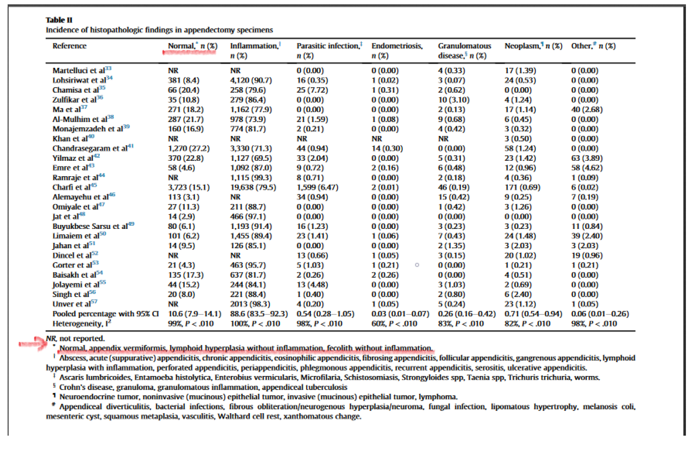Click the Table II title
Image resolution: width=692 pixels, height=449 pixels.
point(59,20)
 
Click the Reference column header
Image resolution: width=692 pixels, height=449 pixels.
point(69,46)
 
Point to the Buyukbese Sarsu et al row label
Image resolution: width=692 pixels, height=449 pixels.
point(90,226)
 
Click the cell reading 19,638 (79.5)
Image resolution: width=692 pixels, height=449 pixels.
point(253,187)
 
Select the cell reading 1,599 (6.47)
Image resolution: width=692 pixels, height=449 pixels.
point(317,187)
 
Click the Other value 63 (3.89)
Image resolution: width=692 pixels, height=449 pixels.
point(587,158)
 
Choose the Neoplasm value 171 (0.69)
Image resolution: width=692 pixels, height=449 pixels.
point(522,187)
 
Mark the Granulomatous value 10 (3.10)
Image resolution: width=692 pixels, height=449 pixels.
point(454,100)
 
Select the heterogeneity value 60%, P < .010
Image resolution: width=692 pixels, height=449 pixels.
point(394,324)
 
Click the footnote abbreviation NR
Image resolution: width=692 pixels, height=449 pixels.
point(51,338)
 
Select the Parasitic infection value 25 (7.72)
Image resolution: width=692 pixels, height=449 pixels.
point(312,90)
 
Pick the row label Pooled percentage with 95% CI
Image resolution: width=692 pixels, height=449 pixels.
point(105,314)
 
